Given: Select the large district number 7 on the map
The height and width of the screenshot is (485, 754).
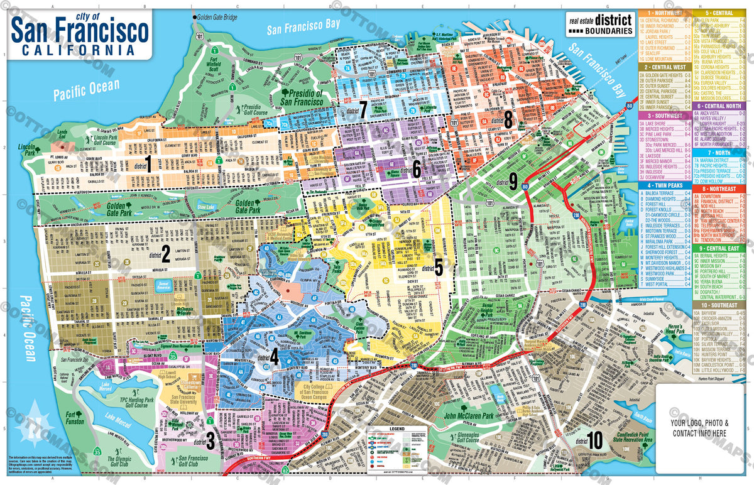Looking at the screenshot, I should point(363,109).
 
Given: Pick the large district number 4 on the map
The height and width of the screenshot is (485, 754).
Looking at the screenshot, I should point(274,357).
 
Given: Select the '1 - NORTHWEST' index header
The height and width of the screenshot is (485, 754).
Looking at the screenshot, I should point(665,13).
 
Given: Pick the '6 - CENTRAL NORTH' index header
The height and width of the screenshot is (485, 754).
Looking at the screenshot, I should point(723,107).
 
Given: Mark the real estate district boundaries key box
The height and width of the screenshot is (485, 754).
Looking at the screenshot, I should point(599,23).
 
